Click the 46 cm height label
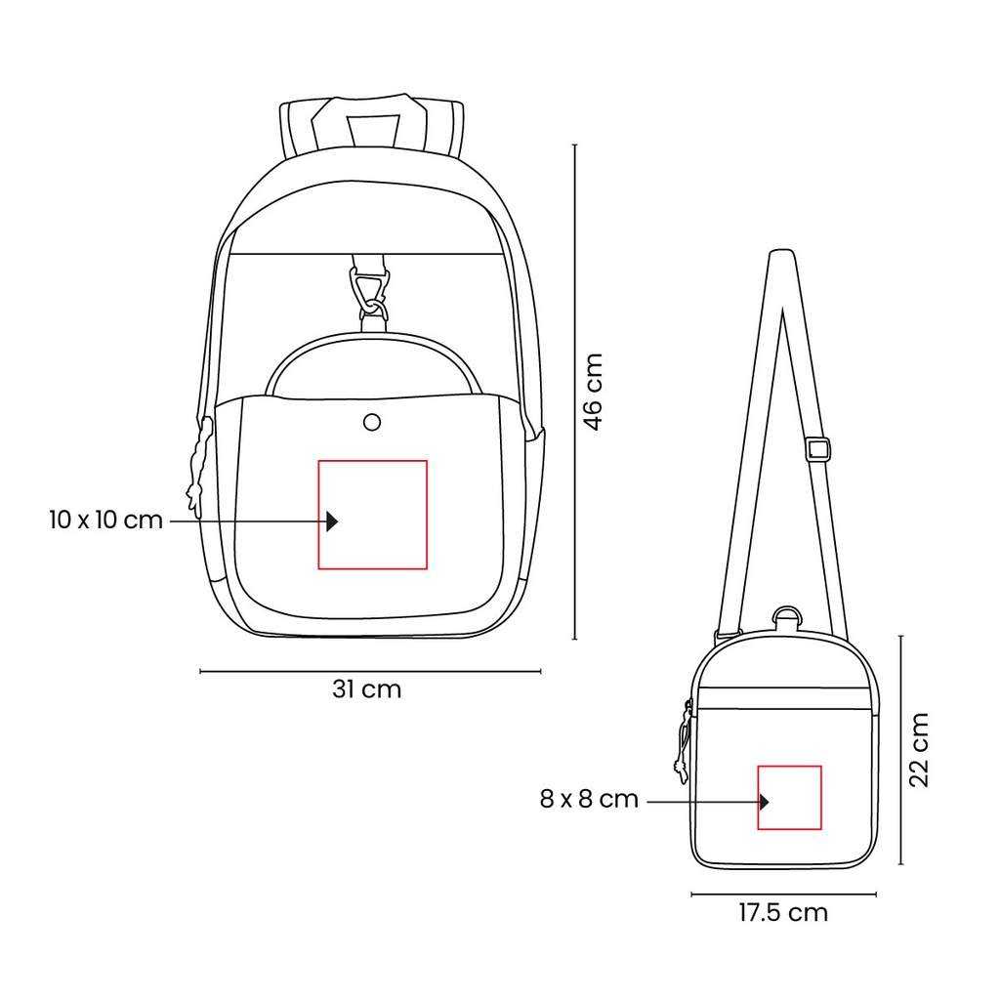click(x=594, y=391)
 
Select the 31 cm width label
click(x=366, y=689)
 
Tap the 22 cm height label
click(x=920, y=750)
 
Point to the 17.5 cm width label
click(x=783, y=913)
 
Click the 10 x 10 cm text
click(x=105, y=520)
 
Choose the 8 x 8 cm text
click(x=589, y=800)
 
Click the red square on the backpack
click(x=373, y=514)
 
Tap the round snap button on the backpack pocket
click(x=372, y=421)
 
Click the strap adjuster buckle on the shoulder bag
click(x=817, y=450)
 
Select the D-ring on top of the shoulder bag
click(x=787, y=618)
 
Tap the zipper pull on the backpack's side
click(x=199, y=464)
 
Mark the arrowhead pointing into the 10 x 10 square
click(x=332, y=521)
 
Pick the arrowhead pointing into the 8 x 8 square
click(x=764, y=802)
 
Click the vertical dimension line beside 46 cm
click(x=574, y=391)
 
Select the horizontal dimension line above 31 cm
click(x=370, y=671)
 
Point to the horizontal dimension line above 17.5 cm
click(x=783, y=894)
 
